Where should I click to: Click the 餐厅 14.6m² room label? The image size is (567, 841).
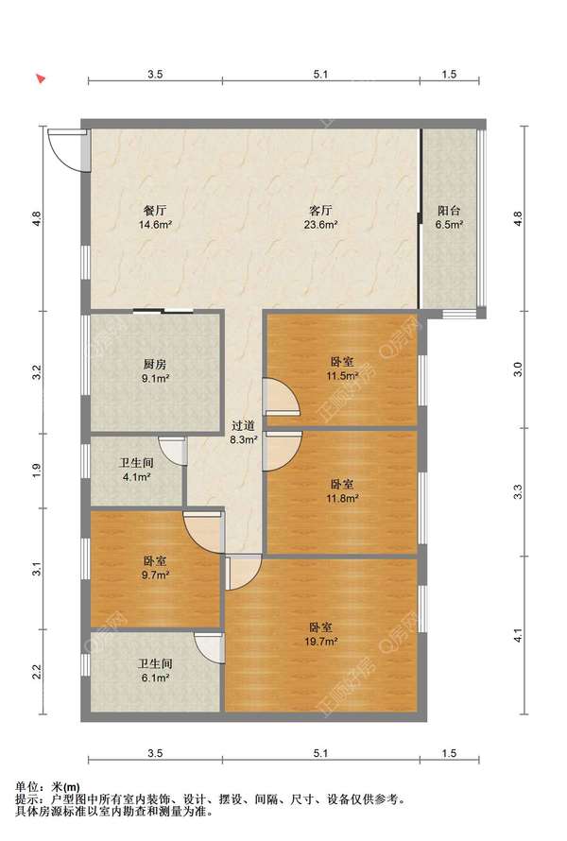tap(155, 217)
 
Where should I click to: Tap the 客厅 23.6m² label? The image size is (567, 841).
tap(320, 217)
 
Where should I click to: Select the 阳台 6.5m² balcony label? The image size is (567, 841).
tap(449, 217)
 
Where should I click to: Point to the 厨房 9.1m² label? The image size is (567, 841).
tap(155, 371)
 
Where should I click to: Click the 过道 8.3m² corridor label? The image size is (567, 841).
tap(244, 433)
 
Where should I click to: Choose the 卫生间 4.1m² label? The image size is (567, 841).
tap(136, 470)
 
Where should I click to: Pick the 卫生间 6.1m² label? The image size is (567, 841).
tap(155, 671)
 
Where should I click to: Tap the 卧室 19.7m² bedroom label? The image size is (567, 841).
tap(320, 633)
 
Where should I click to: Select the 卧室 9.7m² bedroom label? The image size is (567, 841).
tap(155, 568)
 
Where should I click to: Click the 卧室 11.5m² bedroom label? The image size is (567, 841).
tap(342, 369)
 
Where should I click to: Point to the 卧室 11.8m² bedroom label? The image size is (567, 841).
tap(342, 490)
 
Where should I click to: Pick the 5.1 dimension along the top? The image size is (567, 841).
tap(320, 75)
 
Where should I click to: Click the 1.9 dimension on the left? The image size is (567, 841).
tap(37, 470)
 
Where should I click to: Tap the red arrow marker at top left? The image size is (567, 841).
tap(41, 78)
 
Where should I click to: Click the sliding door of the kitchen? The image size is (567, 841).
tap(163, 311)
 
